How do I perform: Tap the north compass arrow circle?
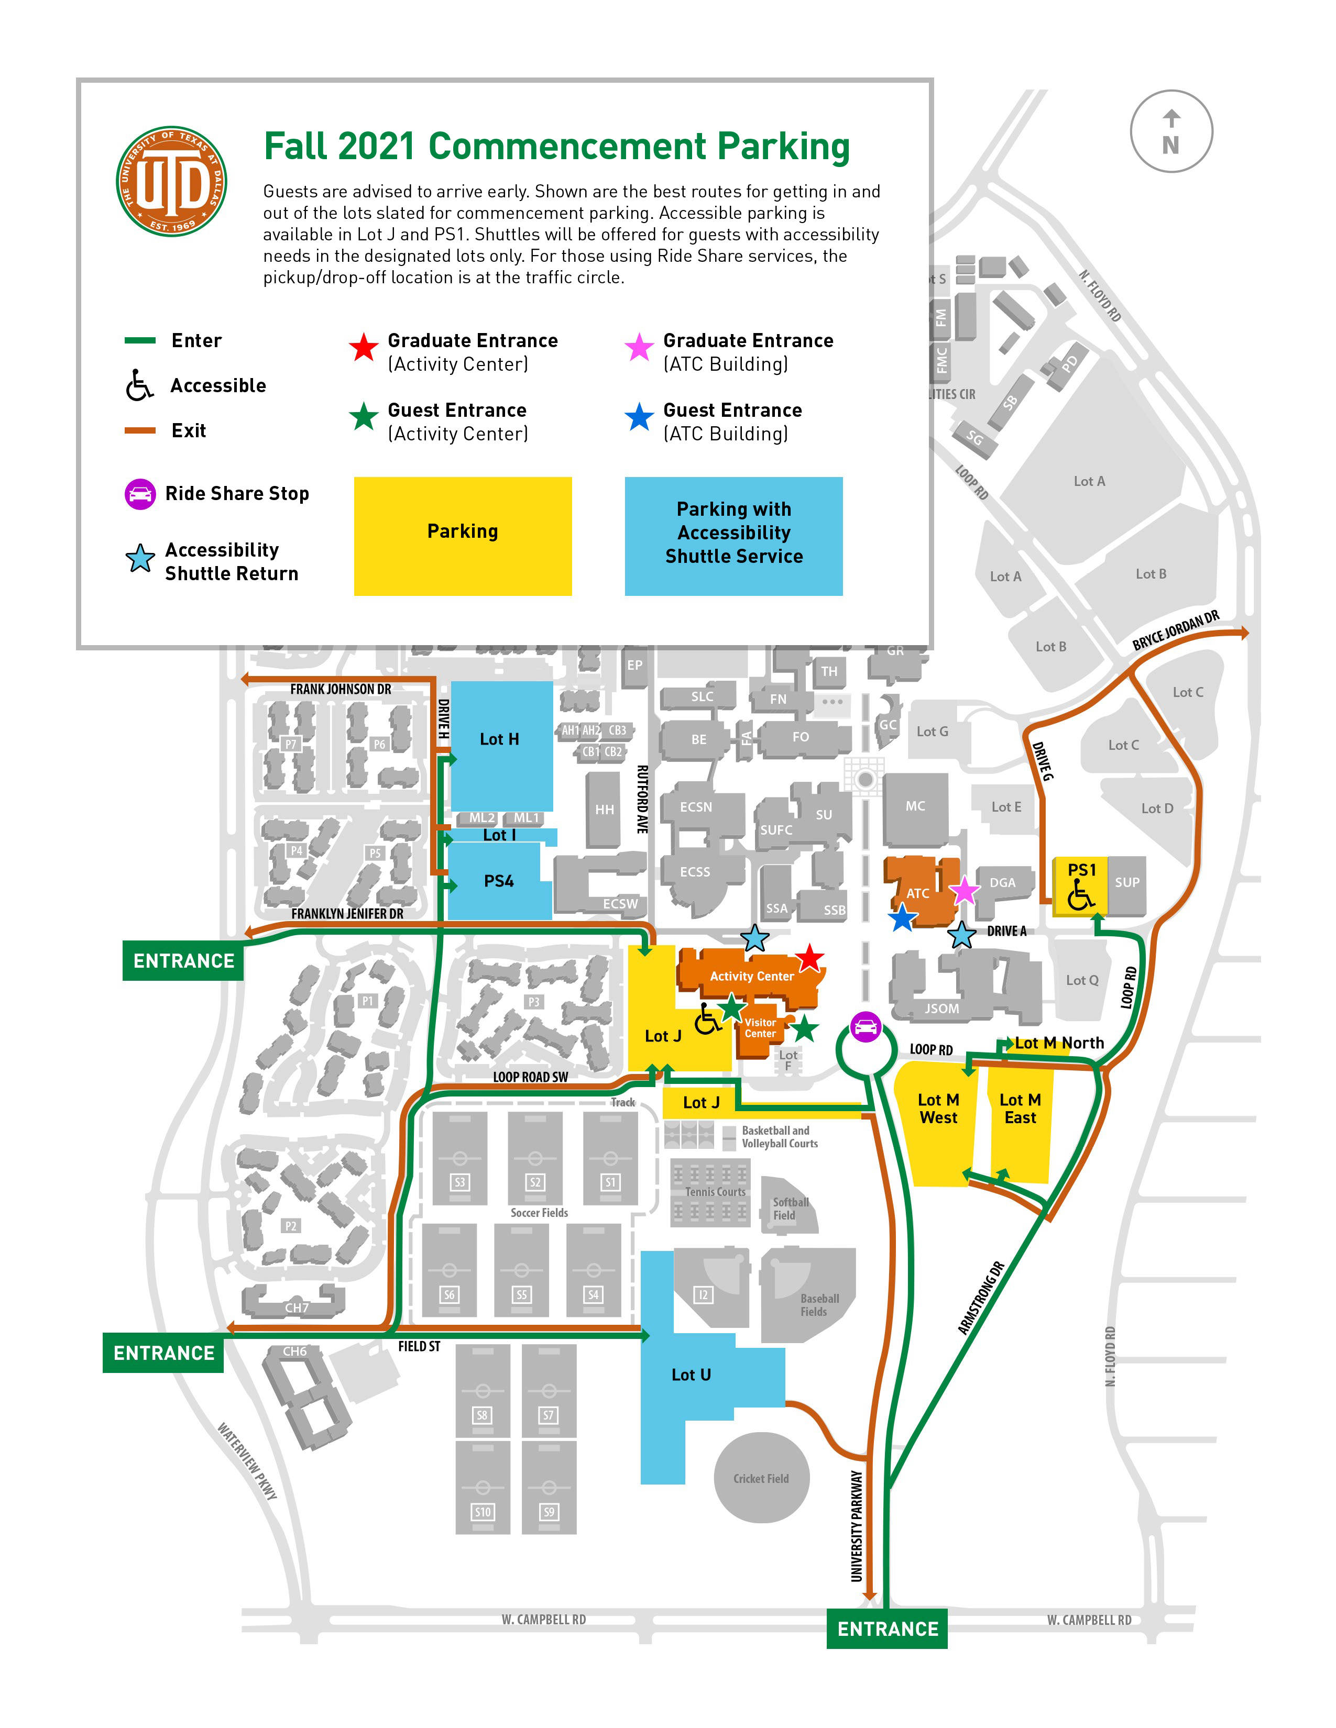click(x=1170, y=131)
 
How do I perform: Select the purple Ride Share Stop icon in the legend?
click(x=140, y=494)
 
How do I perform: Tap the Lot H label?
click(x=499, y=739)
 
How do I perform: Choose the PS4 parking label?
click(x=499, y=881)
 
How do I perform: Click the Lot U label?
click(x=691, y=1375)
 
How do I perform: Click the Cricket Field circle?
click(x=761, y=1478)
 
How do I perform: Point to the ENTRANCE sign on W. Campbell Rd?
click(x=887, y=1629)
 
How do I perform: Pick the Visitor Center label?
click(x=760, y=1028)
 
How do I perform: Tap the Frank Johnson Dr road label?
click(x=341, y=689)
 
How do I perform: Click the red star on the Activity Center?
click(x=809, y=958)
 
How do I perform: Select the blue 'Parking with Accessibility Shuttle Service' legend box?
click(x=733, y=536)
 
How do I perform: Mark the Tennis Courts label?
click(x=715, y=1192)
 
